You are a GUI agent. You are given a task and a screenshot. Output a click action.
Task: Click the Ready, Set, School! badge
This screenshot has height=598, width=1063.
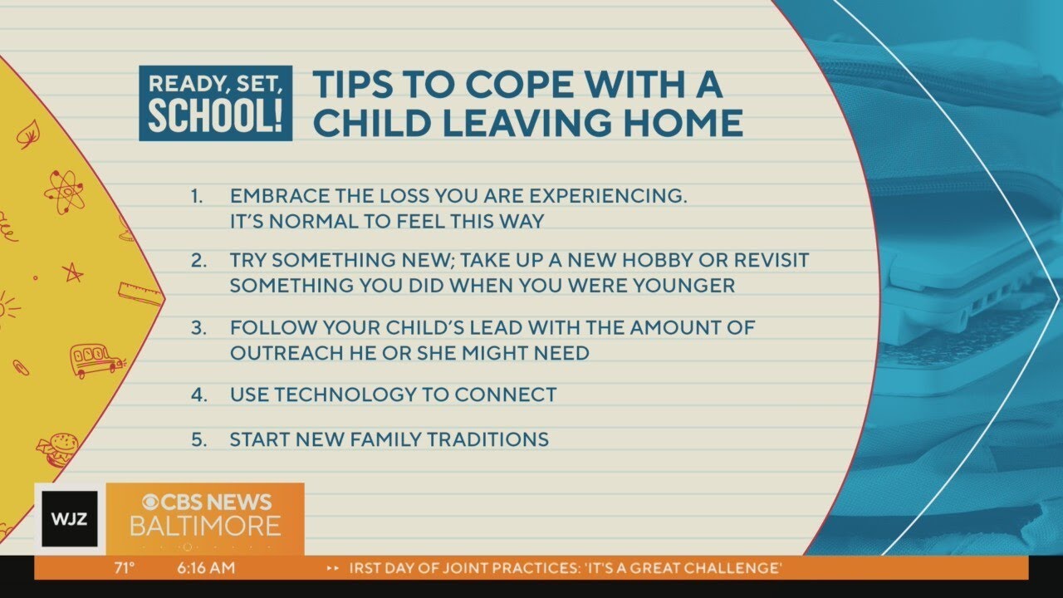(x=215, y=103)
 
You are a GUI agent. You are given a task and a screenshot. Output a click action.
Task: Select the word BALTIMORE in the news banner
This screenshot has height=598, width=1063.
(x=204, y=527)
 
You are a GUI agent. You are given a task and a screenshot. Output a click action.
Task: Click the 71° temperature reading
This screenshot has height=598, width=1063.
(x=125, y=568)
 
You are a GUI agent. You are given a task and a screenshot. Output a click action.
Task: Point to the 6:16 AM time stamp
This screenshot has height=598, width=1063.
(x=206, y=568)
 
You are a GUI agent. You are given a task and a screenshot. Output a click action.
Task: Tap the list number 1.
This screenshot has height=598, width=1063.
(x=197, y=196)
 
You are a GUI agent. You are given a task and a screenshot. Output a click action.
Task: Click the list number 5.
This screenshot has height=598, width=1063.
(x=198, y=439)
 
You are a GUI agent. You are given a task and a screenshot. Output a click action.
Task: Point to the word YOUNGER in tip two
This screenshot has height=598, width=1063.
(x=683, y=285)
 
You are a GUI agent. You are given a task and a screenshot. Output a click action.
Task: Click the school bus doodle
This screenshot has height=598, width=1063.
(x=96, y=360)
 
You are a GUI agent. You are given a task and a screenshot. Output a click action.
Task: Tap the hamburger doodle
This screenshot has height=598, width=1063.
(x=60, y=448)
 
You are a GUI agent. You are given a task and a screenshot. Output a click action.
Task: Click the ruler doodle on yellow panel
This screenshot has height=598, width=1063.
(x=140, y=292)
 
